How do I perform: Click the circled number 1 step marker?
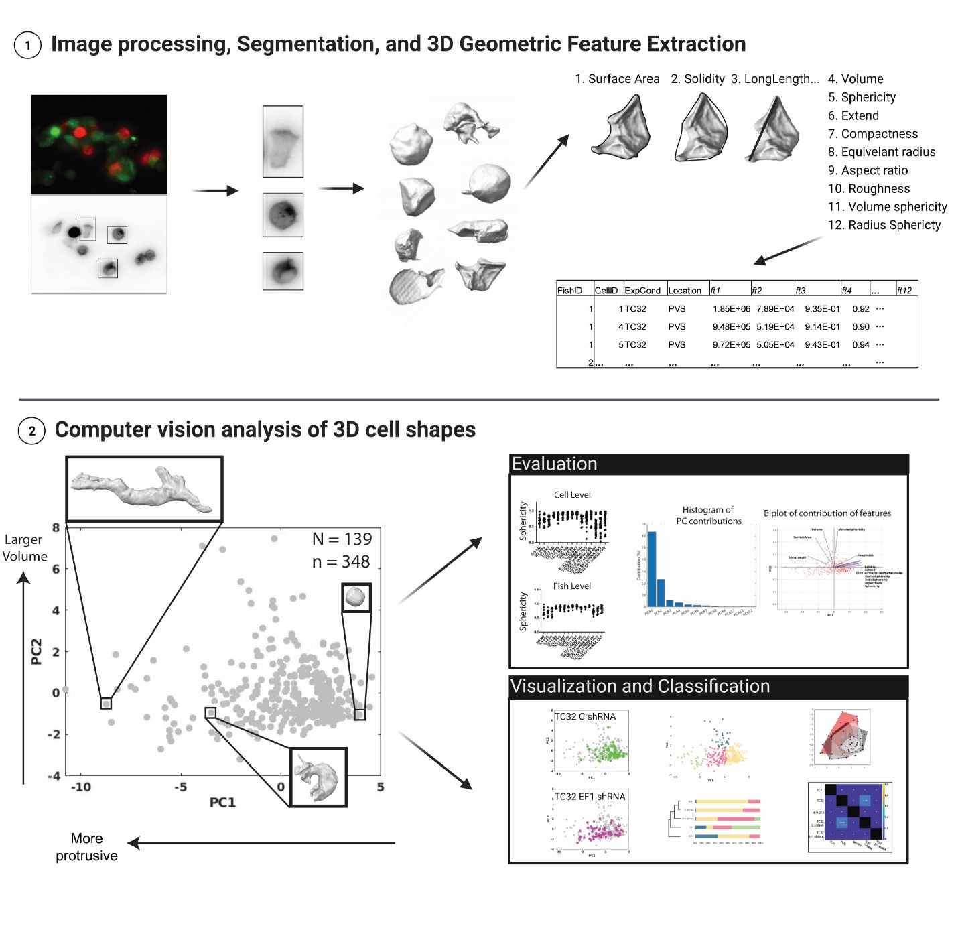click(x=27, y=46)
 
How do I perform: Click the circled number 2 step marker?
click(x=31, y=431)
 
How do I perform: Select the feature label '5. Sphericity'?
click(x=862, y=97)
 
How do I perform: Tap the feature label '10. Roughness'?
click(x=868, y=189)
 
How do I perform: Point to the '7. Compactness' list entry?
click(x=872, y=134)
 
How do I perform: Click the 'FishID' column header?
click(x=569, y=290)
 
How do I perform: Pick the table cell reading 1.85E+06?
click(x=731, y=309)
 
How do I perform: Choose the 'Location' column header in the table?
click(x=684, y=290)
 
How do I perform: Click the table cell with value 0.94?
click(x=860, y=345)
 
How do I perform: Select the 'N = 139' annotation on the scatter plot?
click(x=342, y=539)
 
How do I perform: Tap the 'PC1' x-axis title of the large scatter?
click(x=222, y=802)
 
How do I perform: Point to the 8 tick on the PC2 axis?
click(x=56, y=528)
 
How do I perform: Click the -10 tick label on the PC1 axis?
click(x=81, y=787)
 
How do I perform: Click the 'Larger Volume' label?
click(x=25, y=548)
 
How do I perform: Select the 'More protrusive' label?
click(x=86, y=847)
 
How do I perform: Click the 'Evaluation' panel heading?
click(x=554, y=464)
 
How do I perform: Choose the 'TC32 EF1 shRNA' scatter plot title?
click(x=590, y=797)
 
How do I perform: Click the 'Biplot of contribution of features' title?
click(x=827, y=513)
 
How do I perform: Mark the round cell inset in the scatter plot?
click(x=356, y=596)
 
